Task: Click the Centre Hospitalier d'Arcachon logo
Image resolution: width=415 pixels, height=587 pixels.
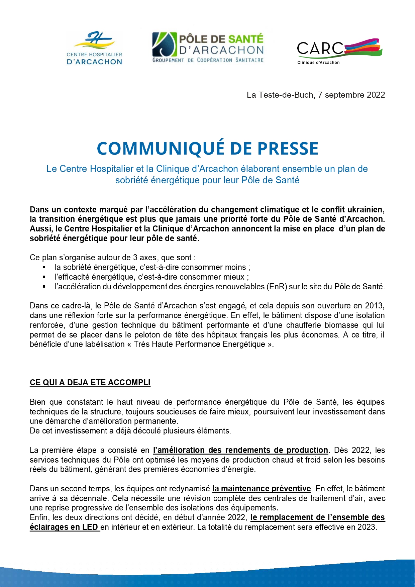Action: pyautogui.click(x=94, y=48)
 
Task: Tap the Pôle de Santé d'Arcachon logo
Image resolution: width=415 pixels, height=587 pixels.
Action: pyautogui.click(x=208, y=47)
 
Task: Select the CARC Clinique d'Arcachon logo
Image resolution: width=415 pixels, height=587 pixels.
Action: pyautogui.click(x=339, y=51)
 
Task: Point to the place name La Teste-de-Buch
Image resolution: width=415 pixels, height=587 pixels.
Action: pyautogui.click(x=280, y=95)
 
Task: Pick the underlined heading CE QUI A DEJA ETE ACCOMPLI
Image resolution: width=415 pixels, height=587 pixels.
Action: pyautogui.click(x=90, y=383)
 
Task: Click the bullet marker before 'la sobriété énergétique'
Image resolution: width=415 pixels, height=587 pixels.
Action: pyautogui.click(x=44, y=267)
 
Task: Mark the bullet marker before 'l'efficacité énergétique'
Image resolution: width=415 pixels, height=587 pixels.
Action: pyautogui.click(x=44, y=277)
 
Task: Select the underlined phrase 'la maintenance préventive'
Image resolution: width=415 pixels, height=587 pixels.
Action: pyautogui.click(x=262, y=489)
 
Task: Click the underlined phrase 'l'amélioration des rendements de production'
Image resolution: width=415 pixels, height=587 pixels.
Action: pyautogui.click(x=240, y=450)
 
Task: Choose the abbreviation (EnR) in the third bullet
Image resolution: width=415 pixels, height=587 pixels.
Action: pyautogui.click(x=277, y=287)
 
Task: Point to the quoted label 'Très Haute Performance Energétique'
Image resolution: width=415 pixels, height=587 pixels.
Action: pyautogui.click(x=199, y=344)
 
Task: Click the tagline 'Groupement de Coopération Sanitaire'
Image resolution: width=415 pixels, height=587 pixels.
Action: pyautogui.click(x=208, y=60)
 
